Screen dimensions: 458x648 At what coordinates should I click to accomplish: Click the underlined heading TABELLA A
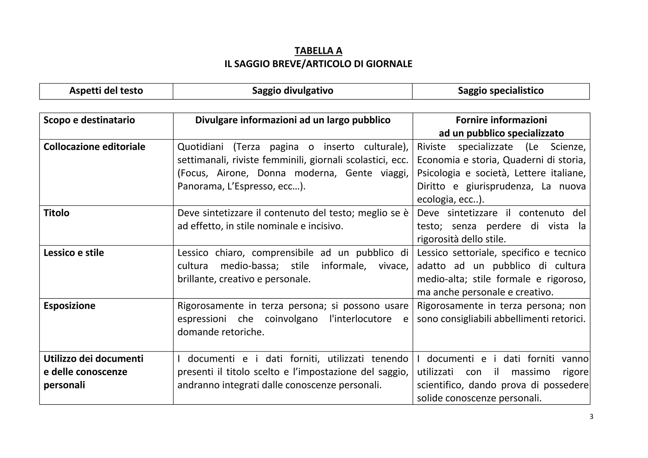tap(318, 51)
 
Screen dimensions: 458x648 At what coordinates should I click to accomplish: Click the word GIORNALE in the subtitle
tap(389, 64)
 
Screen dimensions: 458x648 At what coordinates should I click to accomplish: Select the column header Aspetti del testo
tap(106, 91)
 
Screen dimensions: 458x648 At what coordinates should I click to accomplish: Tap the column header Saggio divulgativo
tap(293, 91)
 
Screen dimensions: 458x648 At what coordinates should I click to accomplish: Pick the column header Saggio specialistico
tap(501, 91)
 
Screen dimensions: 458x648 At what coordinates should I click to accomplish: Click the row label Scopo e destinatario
tap(89, 120)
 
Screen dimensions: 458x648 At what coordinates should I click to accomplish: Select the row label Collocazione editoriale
tap(94, 147)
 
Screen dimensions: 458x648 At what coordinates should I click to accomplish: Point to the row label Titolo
tap(56, 213)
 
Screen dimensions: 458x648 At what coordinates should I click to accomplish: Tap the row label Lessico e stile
tap(74, 253)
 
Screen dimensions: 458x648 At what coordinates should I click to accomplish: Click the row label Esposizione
tap(69, 306)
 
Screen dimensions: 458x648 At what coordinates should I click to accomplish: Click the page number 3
tap(591, 417)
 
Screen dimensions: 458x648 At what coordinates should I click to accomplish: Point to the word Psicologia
tap(438, 173)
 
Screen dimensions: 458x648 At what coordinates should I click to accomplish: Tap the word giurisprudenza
tap(499, 186)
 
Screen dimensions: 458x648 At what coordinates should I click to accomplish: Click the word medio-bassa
tap(249, 266)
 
